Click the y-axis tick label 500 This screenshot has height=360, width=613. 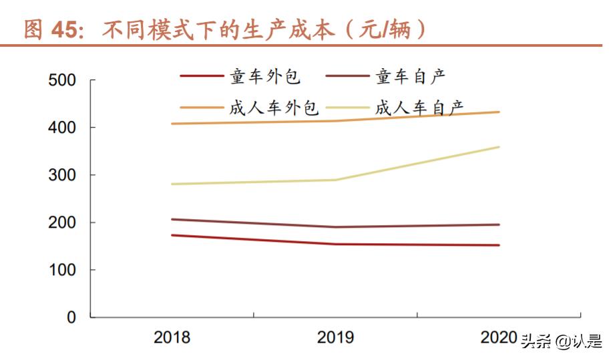[x=63, y=81]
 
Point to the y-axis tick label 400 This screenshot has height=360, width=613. [x=63, y=128]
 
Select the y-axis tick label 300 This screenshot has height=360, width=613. [x=63, y=176]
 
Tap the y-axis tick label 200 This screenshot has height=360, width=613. [x=63, y=223]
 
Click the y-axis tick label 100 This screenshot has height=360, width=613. [x=63, y=271]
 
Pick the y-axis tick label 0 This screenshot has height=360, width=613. [x=71, y=318]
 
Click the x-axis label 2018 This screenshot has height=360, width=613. [x=172, y=337]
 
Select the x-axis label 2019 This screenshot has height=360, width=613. [x=335, y=337]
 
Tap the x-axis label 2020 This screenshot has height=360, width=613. [x=498, y=337]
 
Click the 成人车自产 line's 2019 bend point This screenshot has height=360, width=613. [x=335, y=180]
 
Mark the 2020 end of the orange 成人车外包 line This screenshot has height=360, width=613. [x=499, y=112]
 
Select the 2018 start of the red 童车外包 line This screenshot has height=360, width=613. [x=172, y=235]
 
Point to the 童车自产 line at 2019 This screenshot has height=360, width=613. [x=335, y=227]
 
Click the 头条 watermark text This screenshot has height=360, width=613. [x=537, y=341]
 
